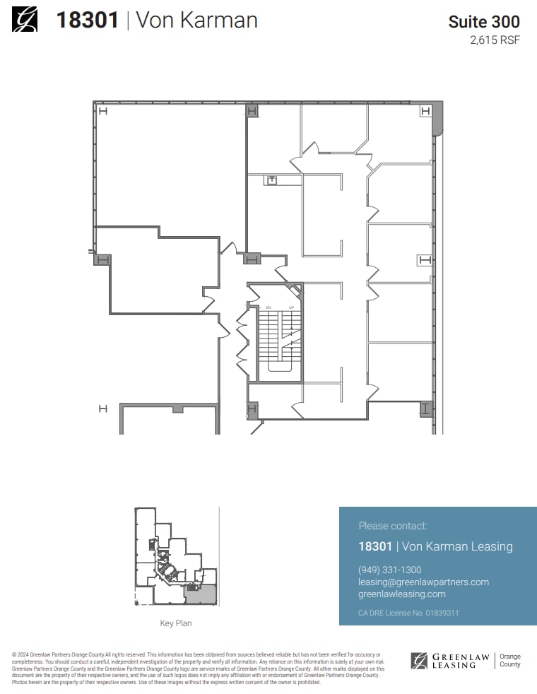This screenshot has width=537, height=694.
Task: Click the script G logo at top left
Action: point(25,19)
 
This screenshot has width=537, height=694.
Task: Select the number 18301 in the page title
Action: point(87,20)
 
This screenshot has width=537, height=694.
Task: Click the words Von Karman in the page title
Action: point(196,20)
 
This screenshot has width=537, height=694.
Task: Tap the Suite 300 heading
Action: point(484,22)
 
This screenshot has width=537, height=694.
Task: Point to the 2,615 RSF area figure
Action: point(495,40)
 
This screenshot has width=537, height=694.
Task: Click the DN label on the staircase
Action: point(268,308)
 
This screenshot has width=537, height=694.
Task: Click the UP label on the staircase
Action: point(290,308)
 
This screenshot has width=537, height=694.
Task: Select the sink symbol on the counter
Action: point(272,180)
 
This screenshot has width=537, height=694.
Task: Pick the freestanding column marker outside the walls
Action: point(102,408)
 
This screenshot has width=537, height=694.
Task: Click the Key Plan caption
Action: point(176,623)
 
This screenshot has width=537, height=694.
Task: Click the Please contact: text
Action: point(393,526)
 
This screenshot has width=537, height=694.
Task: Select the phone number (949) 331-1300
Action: point(390,570)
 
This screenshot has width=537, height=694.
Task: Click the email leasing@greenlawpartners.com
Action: point(423,582)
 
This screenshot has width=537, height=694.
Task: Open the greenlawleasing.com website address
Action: point(402,594)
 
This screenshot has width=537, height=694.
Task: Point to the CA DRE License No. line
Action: point(408,613)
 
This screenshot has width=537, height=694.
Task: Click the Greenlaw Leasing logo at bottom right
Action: point(450,661)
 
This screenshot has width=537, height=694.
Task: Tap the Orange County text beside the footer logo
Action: point(509,661)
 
